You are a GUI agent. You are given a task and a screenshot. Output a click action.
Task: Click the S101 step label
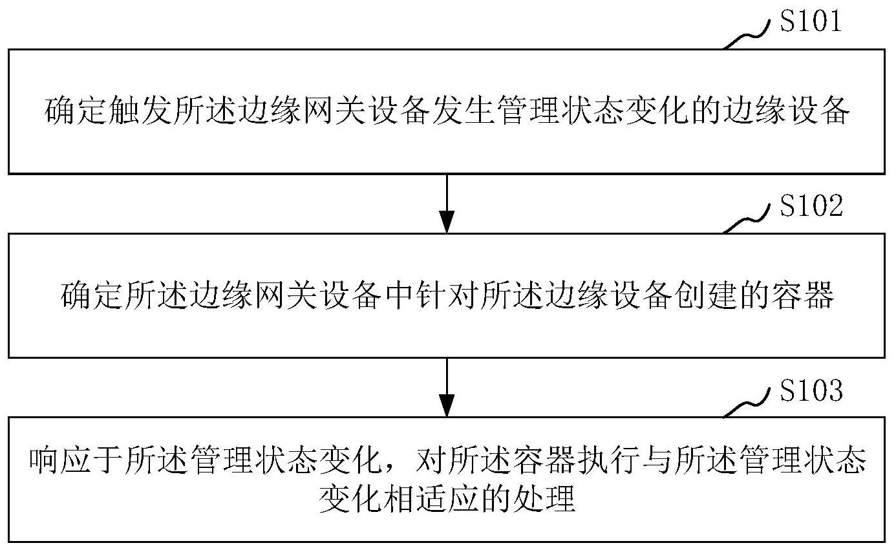(x=811, y=22)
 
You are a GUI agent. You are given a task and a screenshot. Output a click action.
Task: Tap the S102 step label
(x=811, y=206)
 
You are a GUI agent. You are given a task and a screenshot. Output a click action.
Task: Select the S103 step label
(x=811, y=390)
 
